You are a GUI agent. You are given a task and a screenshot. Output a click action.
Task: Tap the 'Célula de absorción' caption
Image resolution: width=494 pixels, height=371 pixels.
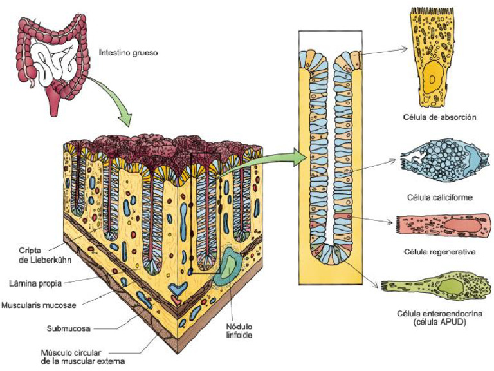441,117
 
